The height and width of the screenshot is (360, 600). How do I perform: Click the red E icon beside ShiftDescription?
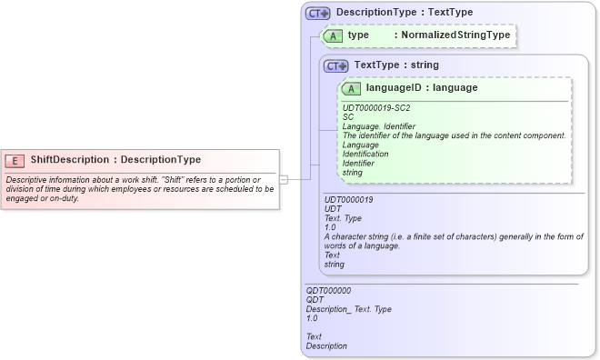coord(15,160)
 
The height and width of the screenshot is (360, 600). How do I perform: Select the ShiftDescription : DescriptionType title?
coord(115,160)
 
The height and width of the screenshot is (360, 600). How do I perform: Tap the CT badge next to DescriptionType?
coord(317,14)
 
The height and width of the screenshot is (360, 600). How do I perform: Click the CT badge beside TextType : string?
coord(337,66)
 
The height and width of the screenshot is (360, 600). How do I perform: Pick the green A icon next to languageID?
coord(353,88)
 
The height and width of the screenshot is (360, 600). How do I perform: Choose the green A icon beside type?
coord(335,35)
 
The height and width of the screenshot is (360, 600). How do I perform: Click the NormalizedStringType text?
coord(457,35)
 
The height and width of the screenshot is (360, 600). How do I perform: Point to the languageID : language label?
coord(422,88)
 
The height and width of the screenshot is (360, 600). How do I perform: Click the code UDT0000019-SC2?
coord(376,108)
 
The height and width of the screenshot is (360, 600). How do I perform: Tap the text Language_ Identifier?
coord(378,126)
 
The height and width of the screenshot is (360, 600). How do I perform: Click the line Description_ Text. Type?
coord(348,309)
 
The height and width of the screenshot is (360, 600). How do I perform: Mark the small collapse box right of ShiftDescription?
coord(284,179)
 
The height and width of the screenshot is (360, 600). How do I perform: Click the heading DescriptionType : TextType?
coord(404,13)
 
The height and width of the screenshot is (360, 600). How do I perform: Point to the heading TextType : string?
coord(396,65)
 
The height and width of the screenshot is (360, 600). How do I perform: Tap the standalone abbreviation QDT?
coord(315,300)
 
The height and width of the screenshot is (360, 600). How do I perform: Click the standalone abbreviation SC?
coord(348,117)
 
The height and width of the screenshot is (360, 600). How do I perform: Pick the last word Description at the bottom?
coord(326,345)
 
